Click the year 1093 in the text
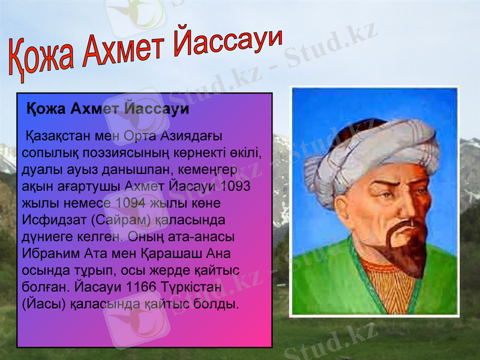[236, 186]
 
